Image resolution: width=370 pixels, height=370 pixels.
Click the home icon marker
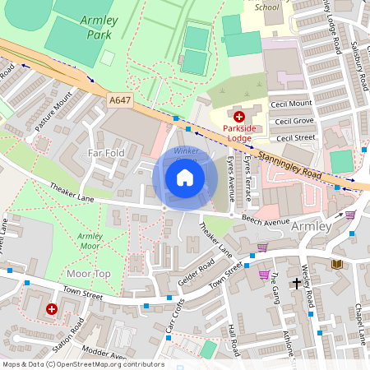pyautogui.click(x=185, y=178)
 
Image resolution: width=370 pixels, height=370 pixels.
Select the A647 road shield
pyautogui.click(x=120, y=99)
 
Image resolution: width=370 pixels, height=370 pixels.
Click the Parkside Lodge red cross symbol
pyautogui.click(x=239, y=118)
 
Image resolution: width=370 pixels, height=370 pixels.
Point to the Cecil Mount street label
pyautogui.click(x=293, y=104)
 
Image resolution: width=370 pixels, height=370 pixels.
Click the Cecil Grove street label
pyautogui.click(x=294, y=121)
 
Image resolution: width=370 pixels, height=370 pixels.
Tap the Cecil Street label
pyautogui.click(x=294, y=137)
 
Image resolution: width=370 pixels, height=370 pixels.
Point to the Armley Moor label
pyautogui.click(x=90, y=241)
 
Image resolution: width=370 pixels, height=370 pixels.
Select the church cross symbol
pyautogui.click(x=296, y=284)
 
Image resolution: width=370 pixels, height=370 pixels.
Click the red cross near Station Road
pyautogui.click(x=52, y=309)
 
